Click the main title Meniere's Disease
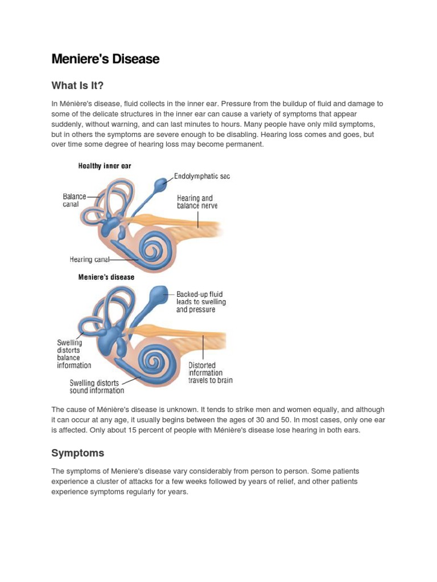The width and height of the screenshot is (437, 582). (x=105, y=59)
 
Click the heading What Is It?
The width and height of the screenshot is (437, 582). (x=77, y=86)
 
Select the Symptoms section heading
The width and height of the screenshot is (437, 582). (x=77, y=453)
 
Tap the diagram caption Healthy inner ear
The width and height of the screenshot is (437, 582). (x=105, y=166)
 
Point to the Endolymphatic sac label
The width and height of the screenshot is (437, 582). (x=201, y=177)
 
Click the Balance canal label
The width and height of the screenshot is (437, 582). (x=74, y=200)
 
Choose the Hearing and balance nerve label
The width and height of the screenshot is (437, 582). (x=197, y=202)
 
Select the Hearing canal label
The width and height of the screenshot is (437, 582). (x=89, y=260)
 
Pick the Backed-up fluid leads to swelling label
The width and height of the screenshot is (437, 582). (x=200, y=302)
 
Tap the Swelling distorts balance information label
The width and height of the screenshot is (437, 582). (x=73, y=354)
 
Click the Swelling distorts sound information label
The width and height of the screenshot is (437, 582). (x=97, y=386)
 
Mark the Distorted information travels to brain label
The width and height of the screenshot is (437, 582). (x=210, y=373)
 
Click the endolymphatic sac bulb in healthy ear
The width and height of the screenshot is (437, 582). (x=161, y=183)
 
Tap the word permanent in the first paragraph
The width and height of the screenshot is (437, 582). (x=246, y=144)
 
